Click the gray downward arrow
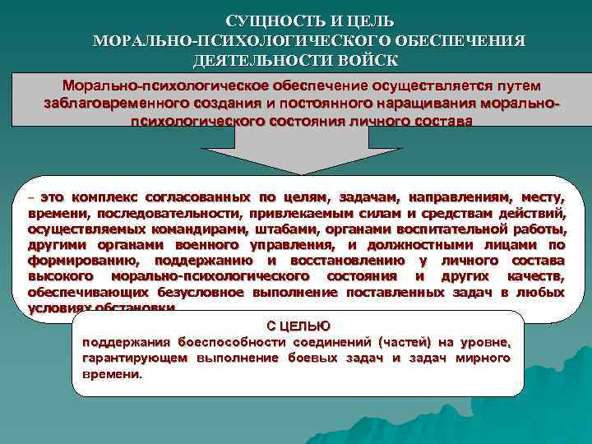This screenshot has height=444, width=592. (x=300, y=152)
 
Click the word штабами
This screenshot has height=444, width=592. (x=240, y=229)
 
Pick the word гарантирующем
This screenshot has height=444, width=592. (x=135, y=358)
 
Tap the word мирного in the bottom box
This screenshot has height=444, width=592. (x=484, y=358)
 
